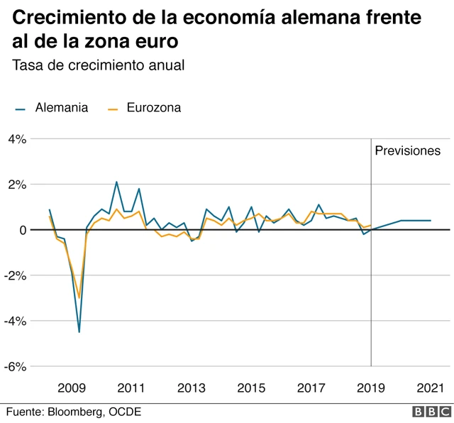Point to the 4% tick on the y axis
[17, 139]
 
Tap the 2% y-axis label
[17, 185]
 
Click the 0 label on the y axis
[23, 230]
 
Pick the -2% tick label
[16, 275]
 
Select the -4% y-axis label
[16, 321]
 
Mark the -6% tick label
[16, 366]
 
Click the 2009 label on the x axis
[72, 388]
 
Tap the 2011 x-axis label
[131, 388]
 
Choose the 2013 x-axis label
[192, 388]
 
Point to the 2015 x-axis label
[251, 388]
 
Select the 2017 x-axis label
[311, 388]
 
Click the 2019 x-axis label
[371, 388]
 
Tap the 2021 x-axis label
[431, 388]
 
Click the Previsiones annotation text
[407, 150]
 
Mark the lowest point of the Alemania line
[79, 331]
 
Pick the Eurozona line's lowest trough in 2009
[79, 298]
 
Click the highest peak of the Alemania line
[116, 182]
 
